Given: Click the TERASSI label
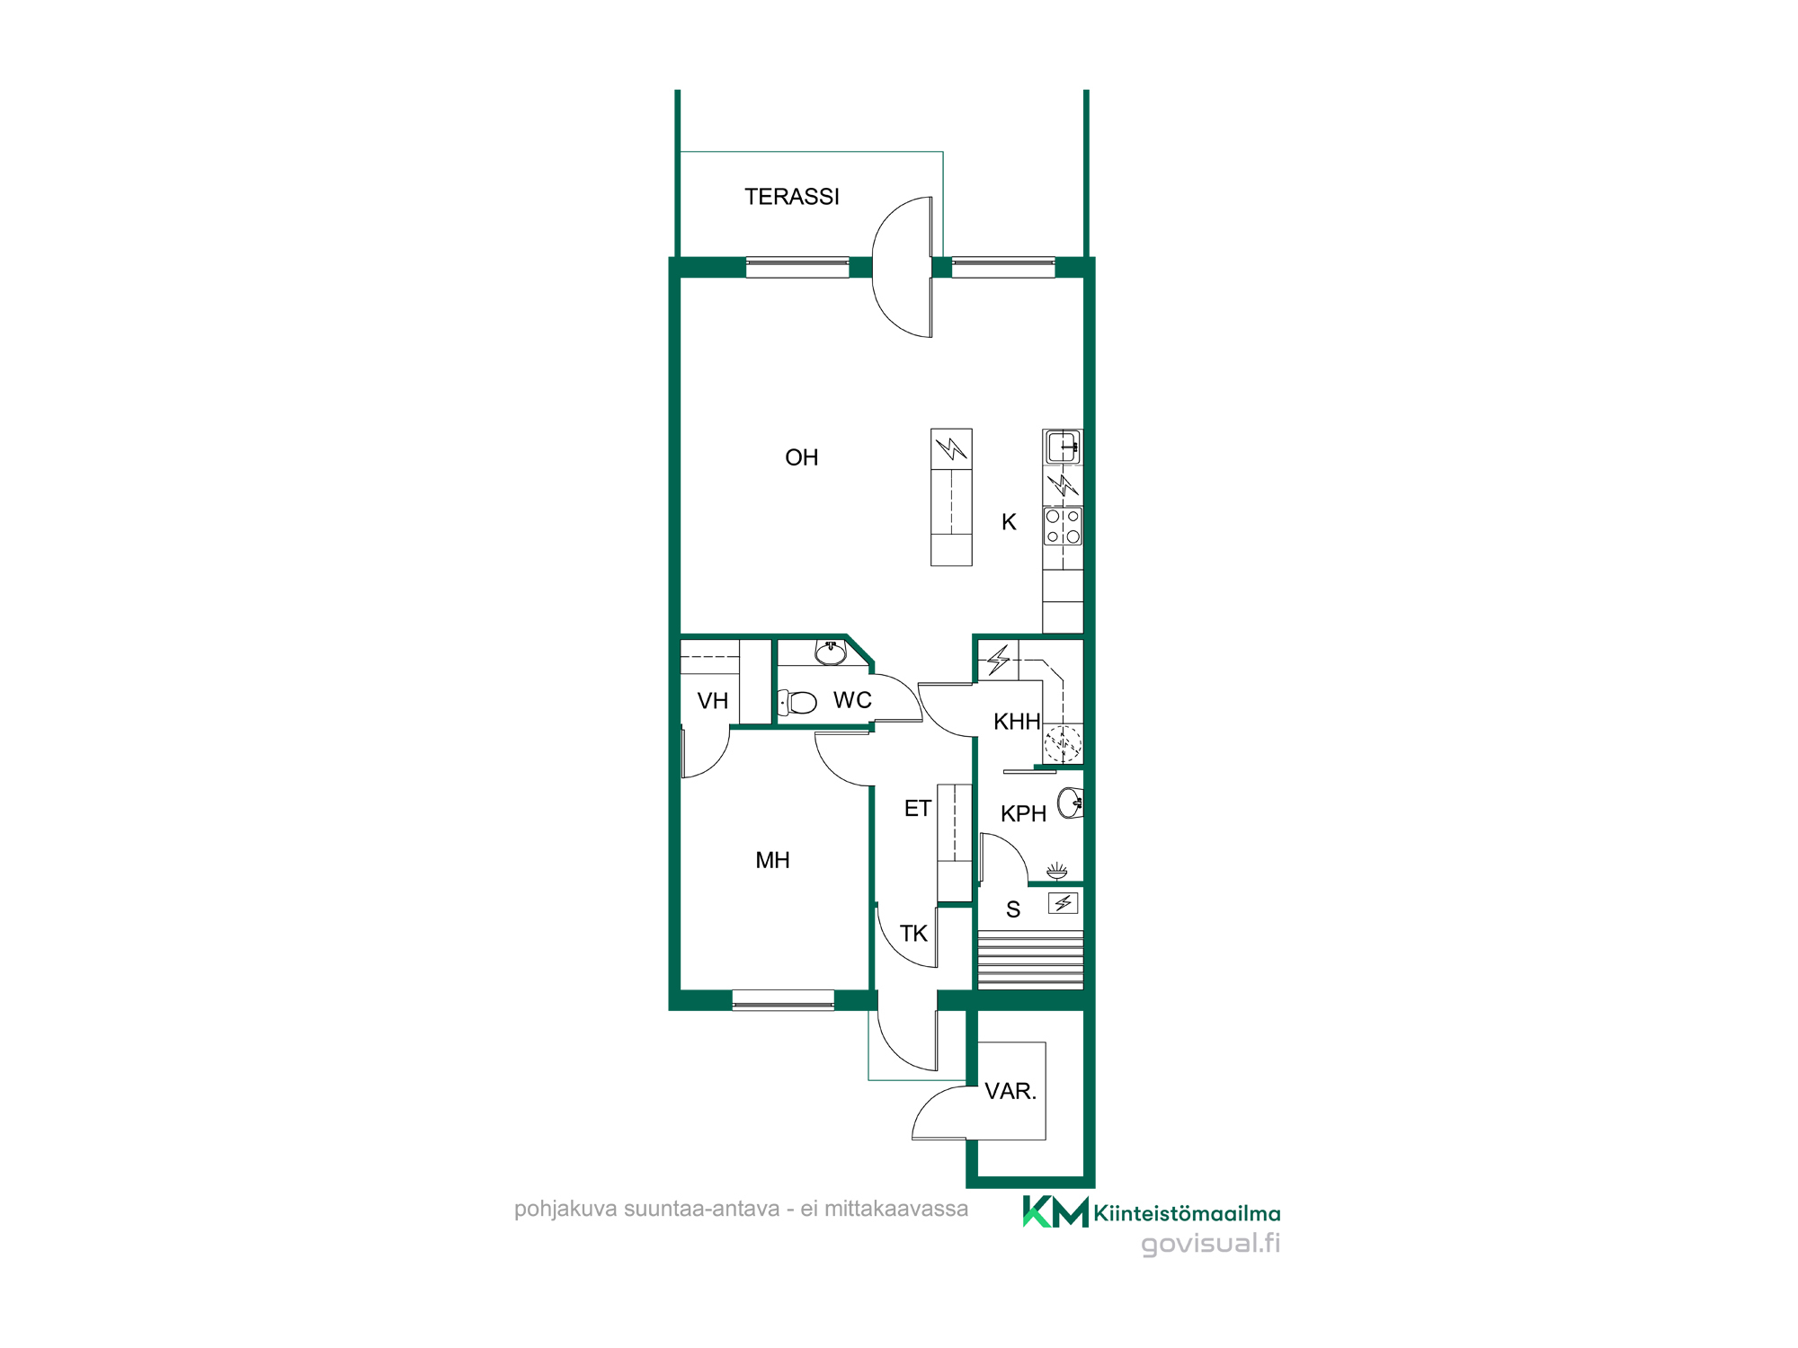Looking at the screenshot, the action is pyautogui.click(x=791, y=197).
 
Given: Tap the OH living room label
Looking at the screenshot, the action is pyautogui.click(x=801, y=457).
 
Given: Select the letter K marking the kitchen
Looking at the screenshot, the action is pyautogui.click(x=1009, y=522).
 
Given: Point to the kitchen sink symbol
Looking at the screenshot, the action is pyautogui.click(x=1063, y=447).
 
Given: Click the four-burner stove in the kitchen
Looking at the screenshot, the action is pyautogui.click(x=1063, y=526).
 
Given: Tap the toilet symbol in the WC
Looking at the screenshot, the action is pyautogui.click(x=797, y=702).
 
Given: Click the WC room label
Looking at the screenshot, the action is pyautogui.click(x=852, y=700).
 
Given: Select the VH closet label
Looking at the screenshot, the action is pyautogui.click(x=713, y=701).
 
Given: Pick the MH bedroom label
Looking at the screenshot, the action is pyautogui.click(x=772, y=860).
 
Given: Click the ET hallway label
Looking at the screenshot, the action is pyautogui.click(x=917, y=809).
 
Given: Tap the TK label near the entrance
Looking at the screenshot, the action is pyautogui.click(x=913, y=934).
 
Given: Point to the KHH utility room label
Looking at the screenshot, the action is pyautogui.click(x=1017, y=722).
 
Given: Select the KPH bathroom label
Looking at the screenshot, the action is pyautogui.click(x=1023, y=814).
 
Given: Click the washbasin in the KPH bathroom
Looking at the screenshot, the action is pyautogui.click(x=1071, y=803).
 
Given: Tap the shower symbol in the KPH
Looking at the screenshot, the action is pyautogui.click(x=1057, y=870).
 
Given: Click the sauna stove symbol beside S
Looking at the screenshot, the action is pyautogui.click(x=1064, y=903).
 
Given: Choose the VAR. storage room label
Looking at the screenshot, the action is pyautogui.click(x=1010, y=1092).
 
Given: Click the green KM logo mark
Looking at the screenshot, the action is pyautogui.click(x=1055, y=1211).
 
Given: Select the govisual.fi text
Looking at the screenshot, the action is pyautogui.click(x=1210, y=1244).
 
